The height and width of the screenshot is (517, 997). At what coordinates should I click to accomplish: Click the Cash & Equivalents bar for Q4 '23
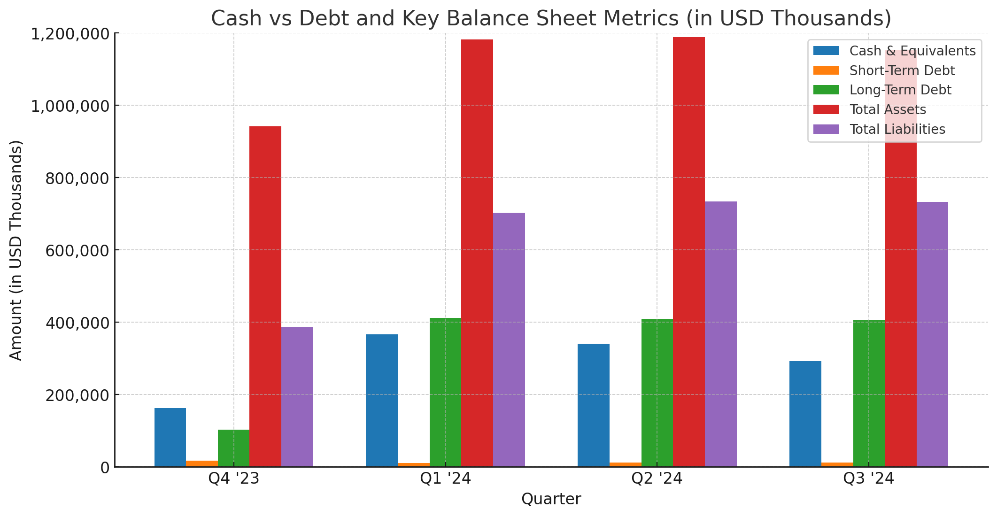coord(170,437)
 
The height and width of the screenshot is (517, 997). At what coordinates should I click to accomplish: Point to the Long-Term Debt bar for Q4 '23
coord(233,448)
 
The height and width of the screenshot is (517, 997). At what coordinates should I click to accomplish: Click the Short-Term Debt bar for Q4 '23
coord(202,463)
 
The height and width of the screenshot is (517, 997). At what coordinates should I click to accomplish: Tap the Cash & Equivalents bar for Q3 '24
coord(805,414)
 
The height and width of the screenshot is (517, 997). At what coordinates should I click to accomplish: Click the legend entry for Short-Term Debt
coord(902,70)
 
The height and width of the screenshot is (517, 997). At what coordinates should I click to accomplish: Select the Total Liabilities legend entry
coord(897,129)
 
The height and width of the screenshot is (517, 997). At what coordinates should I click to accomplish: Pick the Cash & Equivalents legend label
coord(912,51)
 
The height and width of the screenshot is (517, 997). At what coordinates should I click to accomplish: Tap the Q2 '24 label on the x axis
coord(657,478)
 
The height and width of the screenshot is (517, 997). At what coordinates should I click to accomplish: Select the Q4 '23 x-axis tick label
coord(234,478)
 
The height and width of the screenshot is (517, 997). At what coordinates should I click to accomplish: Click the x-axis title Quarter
coord(551,499)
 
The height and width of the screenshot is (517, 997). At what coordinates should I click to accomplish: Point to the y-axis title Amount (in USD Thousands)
coord(16,250)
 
